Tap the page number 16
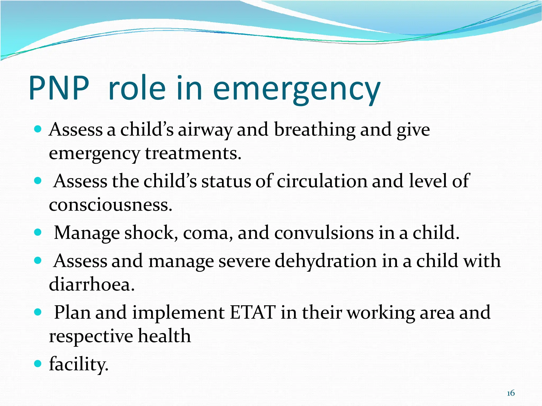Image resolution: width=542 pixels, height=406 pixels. tap(511, 393)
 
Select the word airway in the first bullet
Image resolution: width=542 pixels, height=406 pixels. tap(205, 130)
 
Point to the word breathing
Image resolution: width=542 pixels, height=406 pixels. tap(314, 130)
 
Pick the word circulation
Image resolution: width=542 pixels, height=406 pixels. tap(322, 181)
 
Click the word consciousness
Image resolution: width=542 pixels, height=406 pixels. tap(110, 205)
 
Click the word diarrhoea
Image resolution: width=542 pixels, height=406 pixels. tap(92, 285)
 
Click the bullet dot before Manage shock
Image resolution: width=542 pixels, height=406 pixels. tap(38, 232)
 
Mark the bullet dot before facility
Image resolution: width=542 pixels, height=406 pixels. tap(38, 364)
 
